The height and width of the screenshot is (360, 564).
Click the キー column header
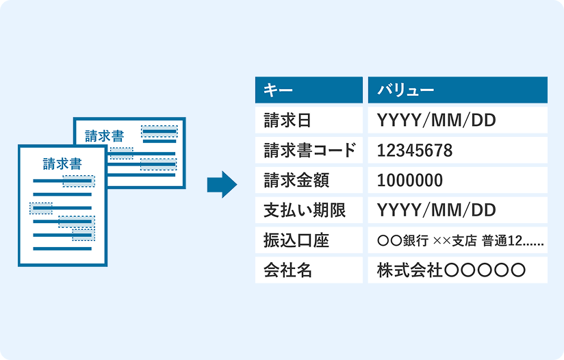tap(308, 90)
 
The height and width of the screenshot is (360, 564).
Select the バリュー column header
tap(457, 90)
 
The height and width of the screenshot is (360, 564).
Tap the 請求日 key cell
tap(308, 120)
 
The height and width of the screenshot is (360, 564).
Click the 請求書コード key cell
tap(308, 151)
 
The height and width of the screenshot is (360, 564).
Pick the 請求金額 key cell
tap(308, 181)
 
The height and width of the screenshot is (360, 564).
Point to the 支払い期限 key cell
tap(308, 210)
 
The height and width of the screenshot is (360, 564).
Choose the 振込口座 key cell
tap(308, 240)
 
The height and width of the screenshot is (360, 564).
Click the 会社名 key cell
tap(308, 270)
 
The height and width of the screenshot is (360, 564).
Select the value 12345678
tap(415, 151)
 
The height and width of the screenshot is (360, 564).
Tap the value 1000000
tap(410, 181)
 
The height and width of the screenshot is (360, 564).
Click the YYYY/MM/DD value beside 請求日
tap(436, 120)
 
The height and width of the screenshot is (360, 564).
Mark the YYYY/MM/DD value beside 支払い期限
tap(436, 210)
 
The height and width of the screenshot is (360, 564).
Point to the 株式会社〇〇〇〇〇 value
tap(451, 270)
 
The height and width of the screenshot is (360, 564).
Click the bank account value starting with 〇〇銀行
tap(460, 240)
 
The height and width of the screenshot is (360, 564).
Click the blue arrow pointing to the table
tap(221, 184)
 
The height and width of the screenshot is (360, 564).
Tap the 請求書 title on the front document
tap(62, 164)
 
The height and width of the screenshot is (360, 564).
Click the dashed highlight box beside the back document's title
tap(158, 131)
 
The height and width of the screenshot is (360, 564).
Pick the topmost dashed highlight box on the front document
tap(79, 181)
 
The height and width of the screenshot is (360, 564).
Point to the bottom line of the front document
tap(62, 248)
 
